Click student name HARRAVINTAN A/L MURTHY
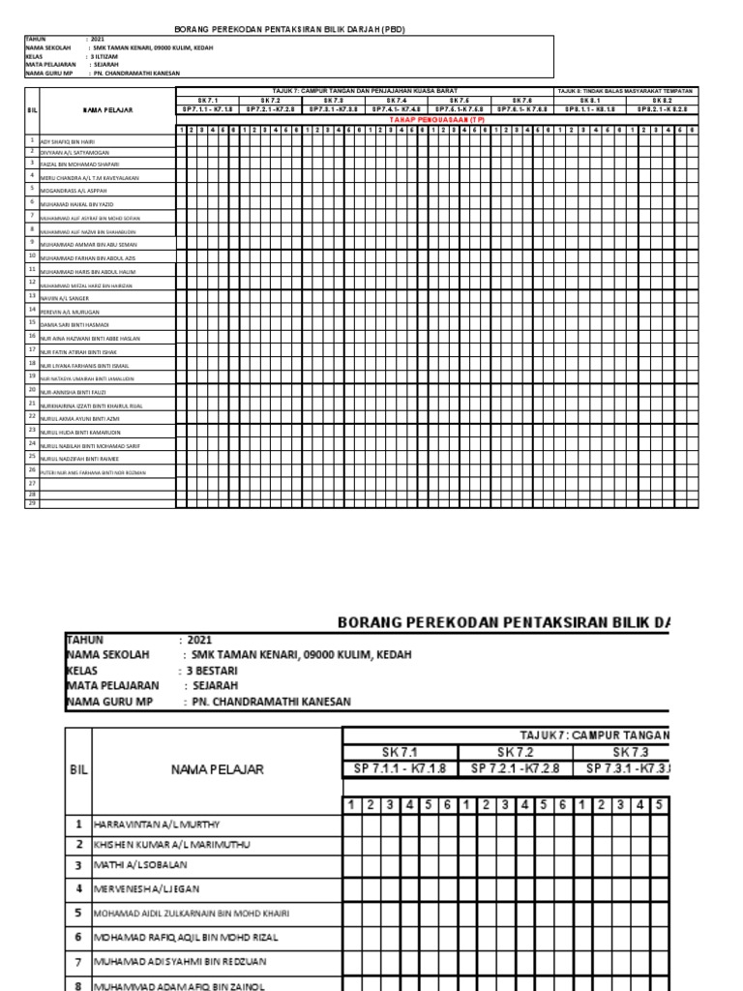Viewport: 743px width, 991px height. [x=158, y=825]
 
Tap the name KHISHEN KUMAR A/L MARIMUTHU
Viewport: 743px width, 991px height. [x=168, y=844]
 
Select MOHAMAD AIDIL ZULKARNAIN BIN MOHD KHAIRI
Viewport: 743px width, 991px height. [x=197, y=913]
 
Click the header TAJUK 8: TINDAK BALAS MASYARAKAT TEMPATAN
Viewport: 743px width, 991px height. [x=625, y=90]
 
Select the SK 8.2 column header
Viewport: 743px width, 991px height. [x=662, y=100]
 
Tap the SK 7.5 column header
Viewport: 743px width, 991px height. [x=459, y=100]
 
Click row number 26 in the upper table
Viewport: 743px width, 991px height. [x=32, y=467]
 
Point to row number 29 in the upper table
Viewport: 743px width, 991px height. [x=32, y=503]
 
